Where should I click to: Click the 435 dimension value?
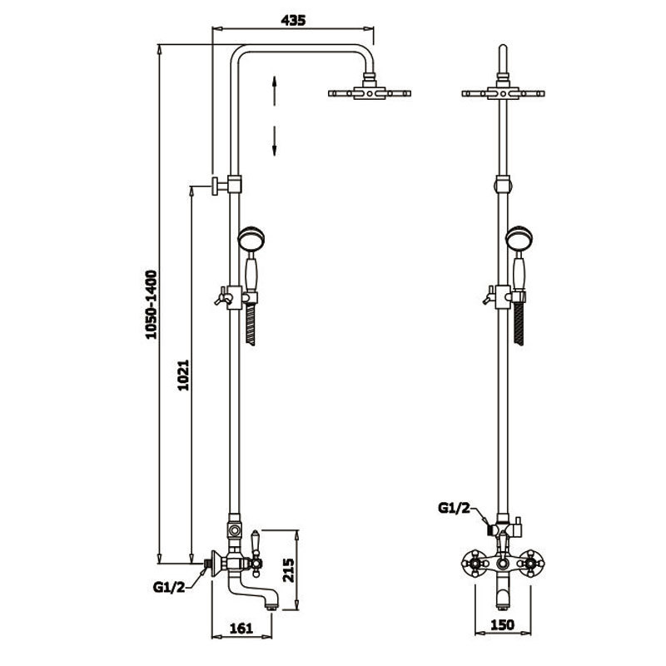coord(293,19)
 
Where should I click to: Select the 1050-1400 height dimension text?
coord(151,305)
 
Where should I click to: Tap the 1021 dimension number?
coord(183,375)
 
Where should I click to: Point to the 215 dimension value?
coord(288,570)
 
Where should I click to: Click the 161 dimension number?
coord(241,629)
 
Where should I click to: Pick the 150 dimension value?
coord(503,625)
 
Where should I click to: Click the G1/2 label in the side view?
coord(169,588)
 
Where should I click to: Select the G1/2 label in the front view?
coord(455,508)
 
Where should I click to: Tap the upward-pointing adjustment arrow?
coord(275,91)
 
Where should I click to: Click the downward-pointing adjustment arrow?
coord(275,141)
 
